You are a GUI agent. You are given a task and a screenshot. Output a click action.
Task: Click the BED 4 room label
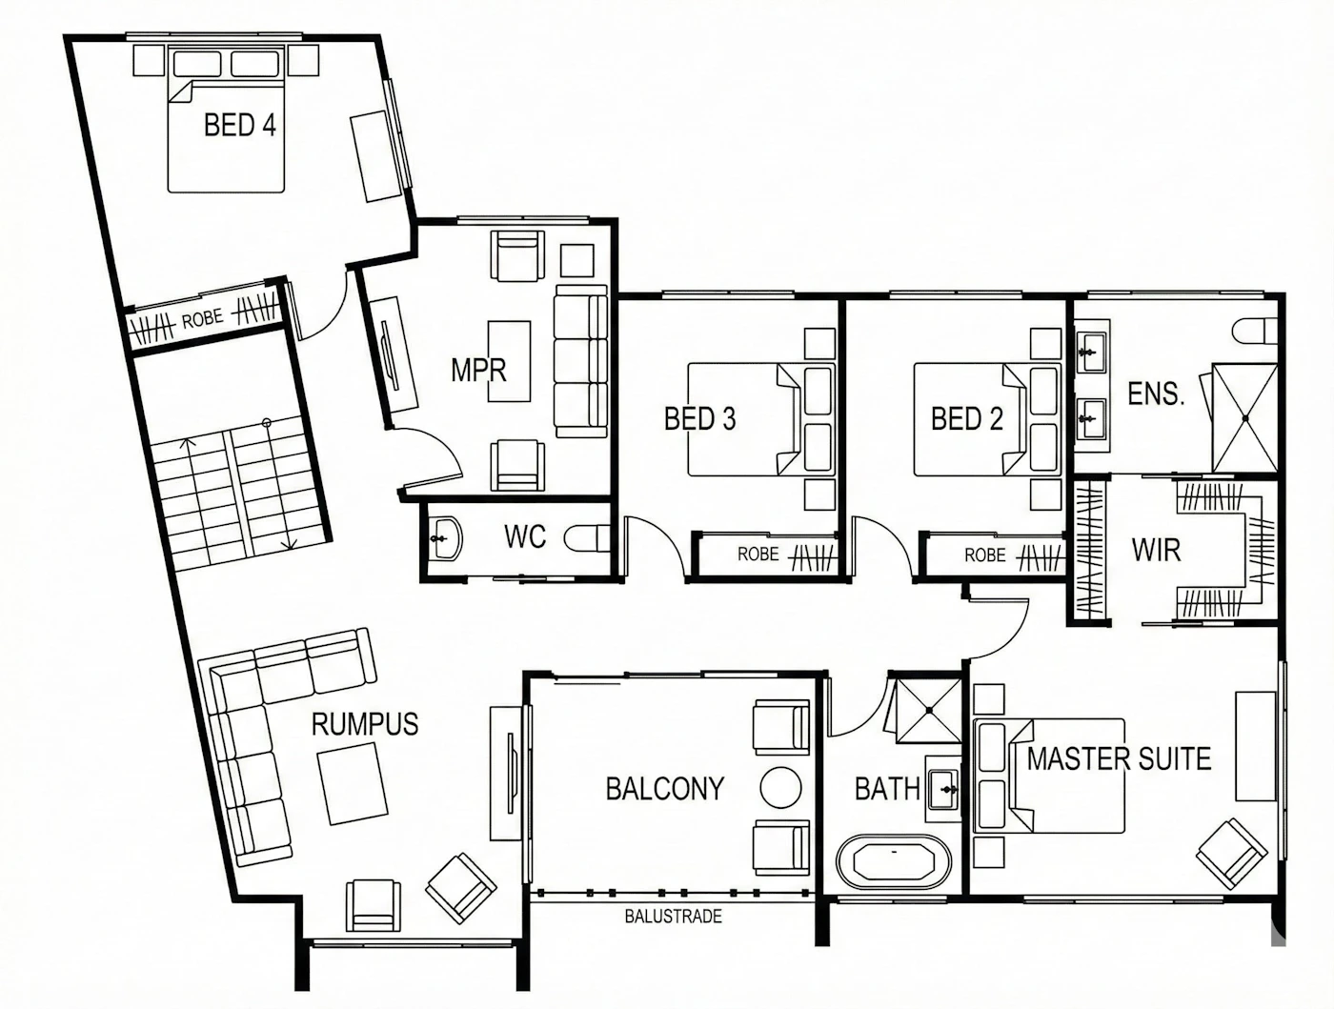pyautogui.click(x=240, y=125)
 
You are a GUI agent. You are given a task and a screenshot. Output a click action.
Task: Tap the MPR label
pyautogui.click(x=478, y=370)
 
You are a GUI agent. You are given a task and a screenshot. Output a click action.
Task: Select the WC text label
pyautogui.click(x=525, y=536)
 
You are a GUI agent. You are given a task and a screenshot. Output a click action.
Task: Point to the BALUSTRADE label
pyautogui.click(x=674, y=916)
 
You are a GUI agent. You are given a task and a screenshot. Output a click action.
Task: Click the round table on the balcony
pyautogui.click(x=780, y=787)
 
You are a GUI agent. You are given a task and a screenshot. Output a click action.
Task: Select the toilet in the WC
pyautogui.click(x=587, y=538)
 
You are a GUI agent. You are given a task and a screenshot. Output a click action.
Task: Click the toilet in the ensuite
pyautogui.click(x=1255, y=331)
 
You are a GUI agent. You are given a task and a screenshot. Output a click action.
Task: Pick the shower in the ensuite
pyautogui.click(x=1244, y=418)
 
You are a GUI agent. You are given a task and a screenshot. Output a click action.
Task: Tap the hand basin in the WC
pyautogui.click(x=446, y=538)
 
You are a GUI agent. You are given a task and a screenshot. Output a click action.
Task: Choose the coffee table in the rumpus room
pyautogui.click(x=352, y=783)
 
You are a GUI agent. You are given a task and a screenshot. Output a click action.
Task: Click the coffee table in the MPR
pyautogui.click(x=509, y=361)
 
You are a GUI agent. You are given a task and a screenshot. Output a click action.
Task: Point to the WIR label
pyautogui.click(x=1156, y=550)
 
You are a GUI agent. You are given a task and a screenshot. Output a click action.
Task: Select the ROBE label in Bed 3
pyautogui.click(x=758, y=554)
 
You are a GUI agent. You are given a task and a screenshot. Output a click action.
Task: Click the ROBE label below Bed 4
pyautogui.click(x=202, y=319)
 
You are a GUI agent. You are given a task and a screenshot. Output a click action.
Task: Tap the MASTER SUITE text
pyautogui.click(x=1119, y=758)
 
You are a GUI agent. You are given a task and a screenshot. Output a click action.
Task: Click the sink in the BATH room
pyautogui.click(x=943, y=789)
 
